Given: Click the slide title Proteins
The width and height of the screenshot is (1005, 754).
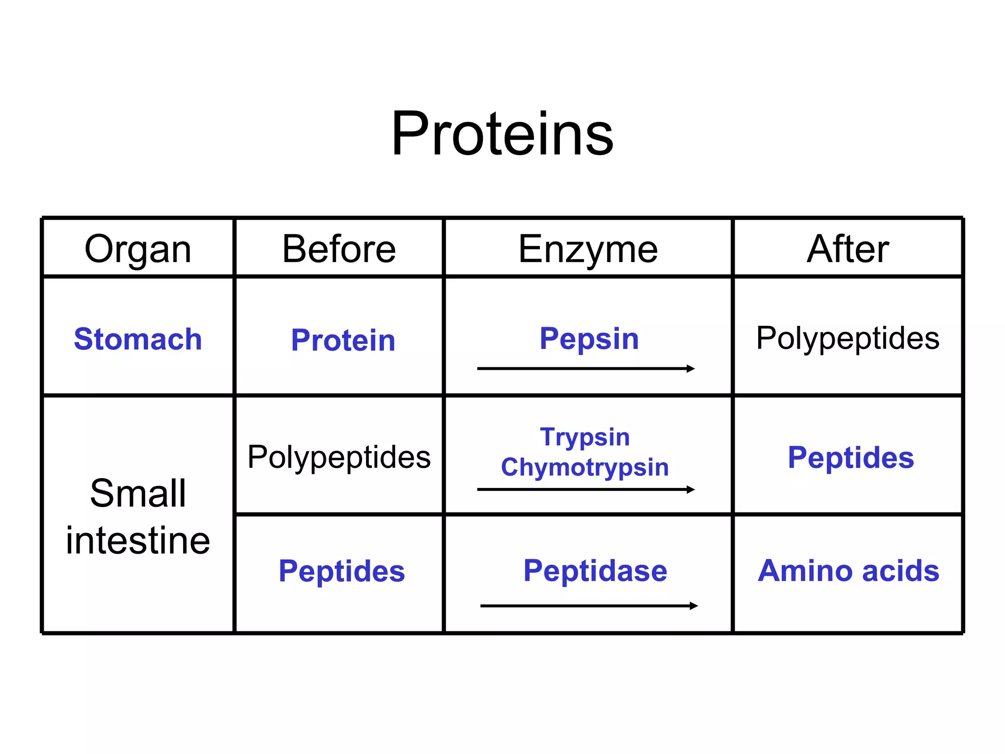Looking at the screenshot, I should tap(502, 134).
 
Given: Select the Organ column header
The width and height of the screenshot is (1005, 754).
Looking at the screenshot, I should tap(138, 249).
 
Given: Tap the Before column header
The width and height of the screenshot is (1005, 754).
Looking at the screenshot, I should tap(339, 249).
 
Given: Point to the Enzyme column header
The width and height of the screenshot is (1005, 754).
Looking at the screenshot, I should tap(588, 249).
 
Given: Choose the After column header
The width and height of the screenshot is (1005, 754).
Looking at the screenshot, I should tap(848, 249).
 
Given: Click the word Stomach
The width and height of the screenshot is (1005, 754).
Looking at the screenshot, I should tap(138, 339).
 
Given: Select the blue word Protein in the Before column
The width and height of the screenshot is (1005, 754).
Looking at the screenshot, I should tap(343, 340).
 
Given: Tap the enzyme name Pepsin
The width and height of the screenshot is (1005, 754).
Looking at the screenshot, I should tap(589, 338).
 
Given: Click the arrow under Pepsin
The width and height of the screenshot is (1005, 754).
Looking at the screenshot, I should tap(586, 369).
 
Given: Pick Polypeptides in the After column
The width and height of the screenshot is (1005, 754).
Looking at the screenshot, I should tap(847, 338).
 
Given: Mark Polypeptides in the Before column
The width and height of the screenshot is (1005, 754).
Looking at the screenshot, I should tap(339, 457).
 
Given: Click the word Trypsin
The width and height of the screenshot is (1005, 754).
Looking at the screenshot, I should tap(585, 436).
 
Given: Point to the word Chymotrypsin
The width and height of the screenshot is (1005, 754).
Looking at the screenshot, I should tap(585, 467).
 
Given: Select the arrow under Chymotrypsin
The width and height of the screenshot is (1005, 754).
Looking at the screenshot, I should tap(586, 489).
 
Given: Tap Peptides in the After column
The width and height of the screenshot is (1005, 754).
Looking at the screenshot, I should tap(851, 458).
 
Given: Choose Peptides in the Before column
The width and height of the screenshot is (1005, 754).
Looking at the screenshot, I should tap(342, 571).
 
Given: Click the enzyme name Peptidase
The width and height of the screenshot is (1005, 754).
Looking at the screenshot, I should tap(595, 570).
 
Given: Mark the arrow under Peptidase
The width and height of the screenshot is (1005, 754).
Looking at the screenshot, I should tap(589, 606).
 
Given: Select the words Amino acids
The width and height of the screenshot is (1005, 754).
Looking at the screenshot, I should tap(848, 570).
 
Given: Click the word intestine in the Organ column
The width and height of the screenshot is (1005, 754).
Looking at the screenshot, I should tap(138, 540).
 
